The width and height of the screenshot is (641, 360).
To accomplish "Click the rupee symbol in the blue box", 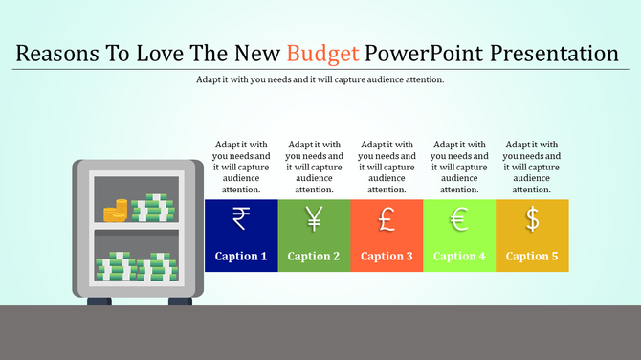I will coord(241,220).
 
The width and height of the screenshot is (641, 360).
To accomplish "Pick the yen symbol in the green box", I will coord(314,220).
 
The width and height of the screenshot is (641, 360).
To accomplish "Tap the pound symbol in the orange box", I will coord(387,220).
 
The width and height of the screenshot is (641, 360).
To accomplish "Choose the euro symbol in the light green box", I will coord(459,220).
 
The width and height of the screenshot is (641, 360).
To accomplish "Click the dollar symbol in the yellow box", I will coord(532,220).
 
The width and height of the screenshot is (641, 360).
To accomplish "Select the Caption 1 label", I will coord(241,256).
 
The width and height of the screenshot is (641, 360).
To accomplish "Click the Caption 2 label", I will coord(314,256).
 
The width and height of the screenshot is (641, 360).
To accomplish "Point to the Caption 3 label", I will coord(387,256).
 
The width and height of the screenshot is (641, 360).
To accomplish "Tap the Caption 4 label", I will coord(459,256).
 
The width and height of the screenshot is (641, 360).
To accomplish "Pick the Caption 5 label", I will coord(532,256).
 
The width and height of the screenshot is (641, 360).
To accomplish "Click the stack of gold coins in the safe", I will coord(116,211).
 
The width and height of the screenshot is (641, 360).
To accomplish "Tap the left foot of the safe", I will coord(99,302).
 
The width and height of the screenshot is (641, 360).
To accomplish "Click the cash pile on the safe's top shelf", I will coord(153,209).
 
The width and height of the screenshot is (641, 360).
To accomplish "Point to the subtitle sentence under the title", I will coord(320,79).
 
